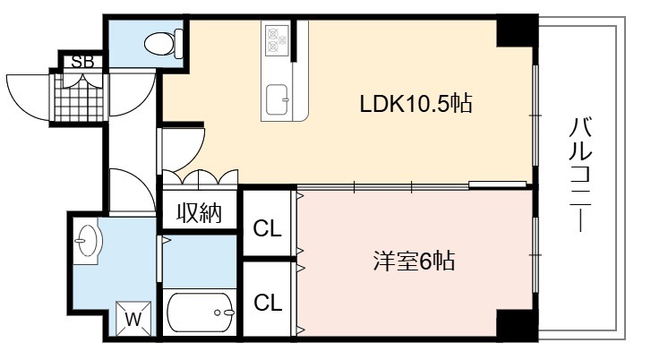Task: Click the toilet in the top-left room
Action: (x=164, y=43)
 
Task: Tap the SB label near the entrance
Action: (x=82, y=63)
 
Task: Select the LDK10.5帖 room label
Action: (x=415, y=103)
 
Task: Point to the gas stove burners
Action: (x=278, y=39)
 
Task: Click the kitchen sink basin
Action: (x=277, y=99)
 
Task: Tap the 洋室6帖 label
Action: (x=414, y=261)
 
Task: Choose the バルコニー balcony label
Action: (x=580, y=175)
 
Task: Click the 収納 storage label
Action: (x=200, y=213)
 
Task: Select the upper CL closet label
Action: (x=268, y=228)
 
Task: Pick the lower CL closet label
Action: (x=268, y=303)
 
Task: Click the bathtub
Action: (x=200, y=313)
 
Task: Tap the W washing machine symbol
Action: (x=133, y=319)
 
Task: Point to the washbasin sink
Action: (x=87, y=241)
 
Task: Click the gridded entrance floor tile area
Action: (x=79, y=98)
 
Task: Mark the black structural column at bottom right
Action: (x=517, y=325)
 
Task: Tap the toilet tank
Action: (x=179, y=43)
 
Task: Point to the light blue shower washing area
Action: (x=200, y=261)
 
